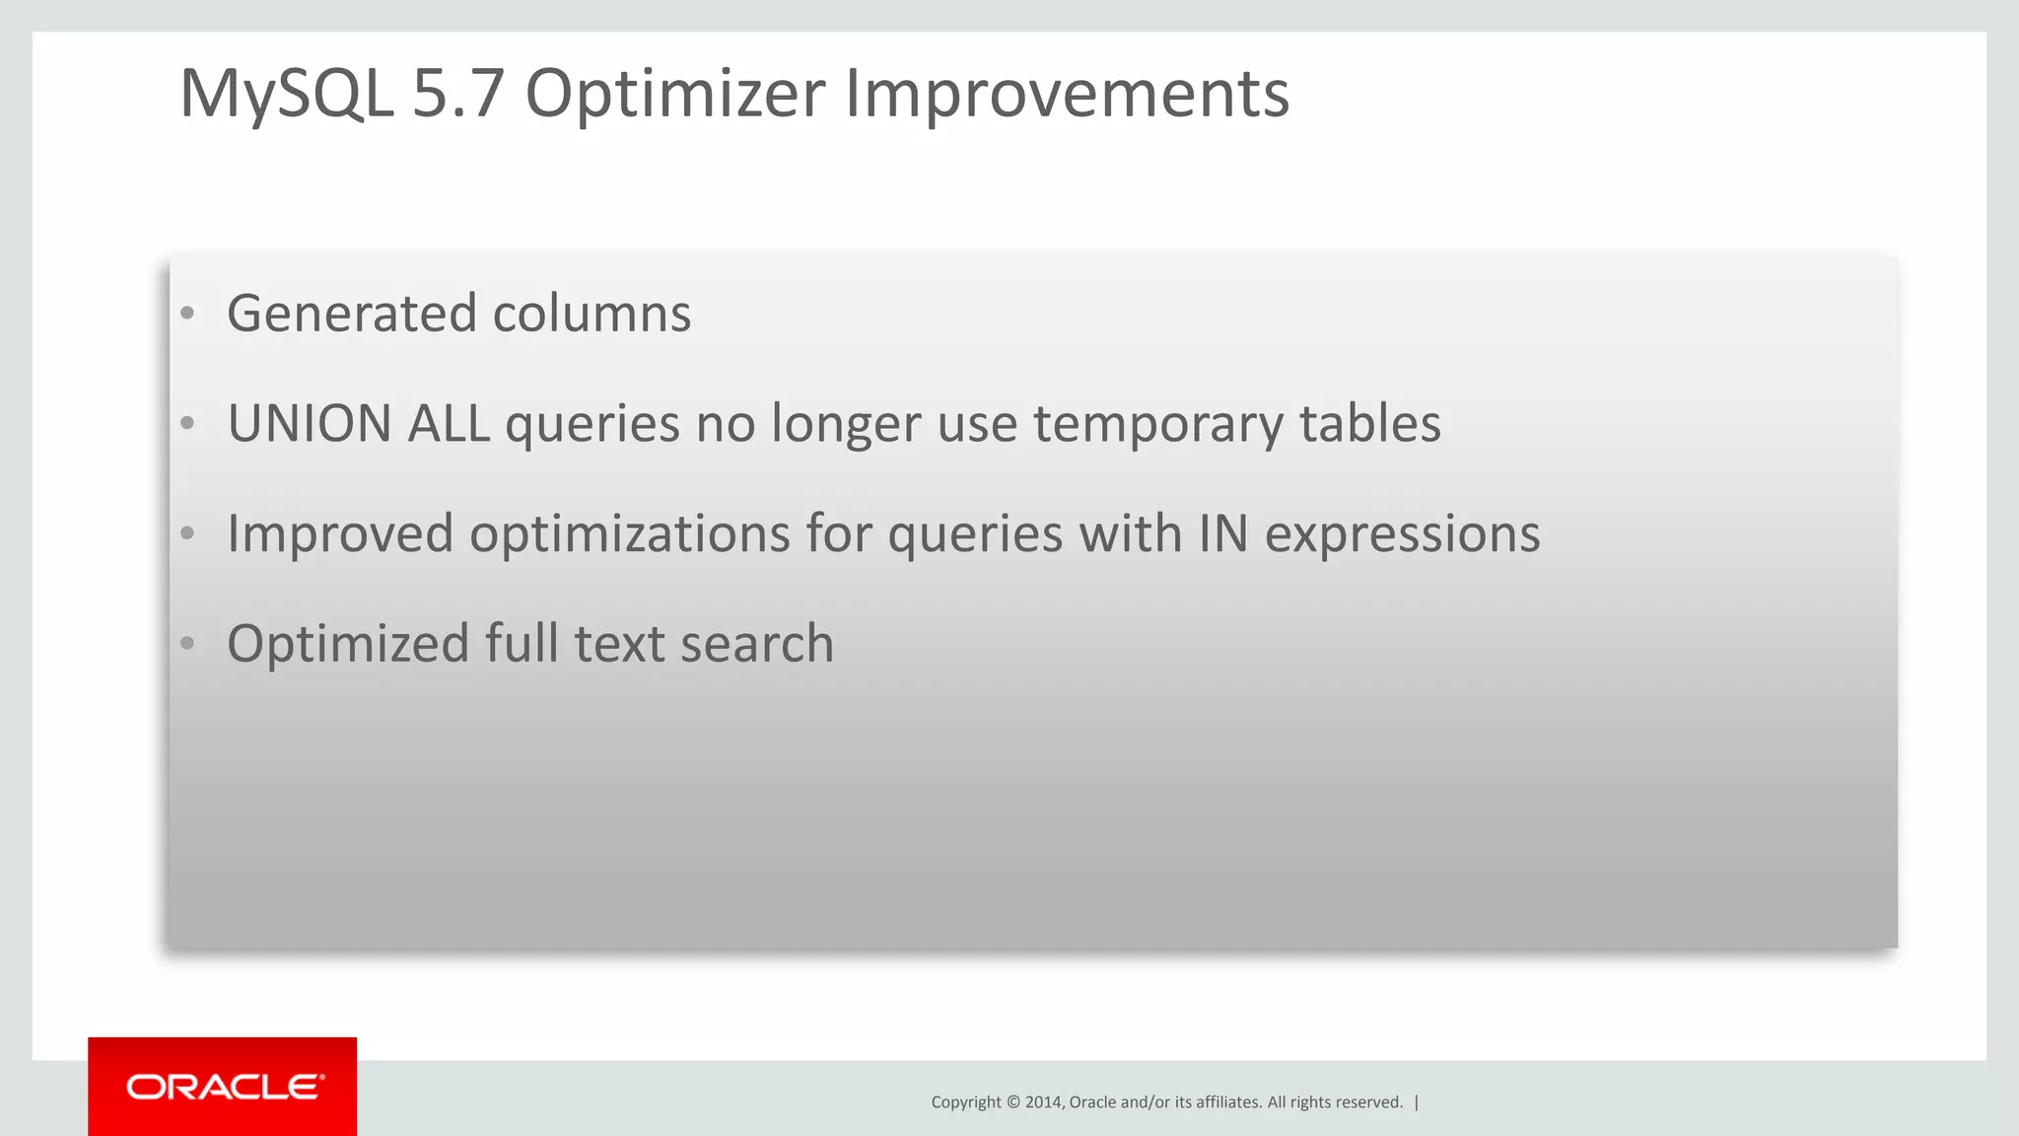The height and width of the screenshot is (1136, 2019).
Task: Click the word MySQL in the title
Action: click(287, 95)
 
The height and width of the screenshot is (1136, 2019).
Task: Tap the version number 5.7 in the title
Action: click(457, 95)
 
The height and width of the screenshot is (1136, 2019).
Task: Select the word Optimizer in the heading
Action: click(674, 95)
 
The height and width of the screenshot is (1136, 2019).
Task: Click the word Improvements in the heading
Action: click(1067, 95)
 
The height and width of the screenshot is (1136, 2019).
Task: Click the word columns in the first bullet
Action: click(592, 314)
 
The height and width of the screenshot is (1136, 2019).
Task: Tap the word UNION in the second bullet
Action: click(310, 424)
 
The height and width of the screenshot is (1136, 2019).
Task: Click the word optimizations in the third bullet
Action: click(630, 534)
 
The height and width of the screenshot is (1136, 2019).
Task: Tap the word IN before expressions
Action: click(1222, 534)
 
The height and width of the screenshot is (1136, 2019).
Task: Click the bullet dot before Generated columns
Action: click(187, 315)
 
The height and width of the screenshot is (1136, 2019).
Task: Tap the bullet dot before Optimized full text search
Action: click(187, 645)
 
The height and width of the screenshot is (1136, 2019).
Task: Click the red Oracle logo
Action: click(223, 1087)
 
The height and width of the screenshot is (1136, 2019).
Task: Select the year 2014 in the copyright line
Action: click(1043, 1102)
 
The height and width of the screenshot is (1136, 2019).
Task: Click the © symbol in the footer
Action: click(1012, 1102)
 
